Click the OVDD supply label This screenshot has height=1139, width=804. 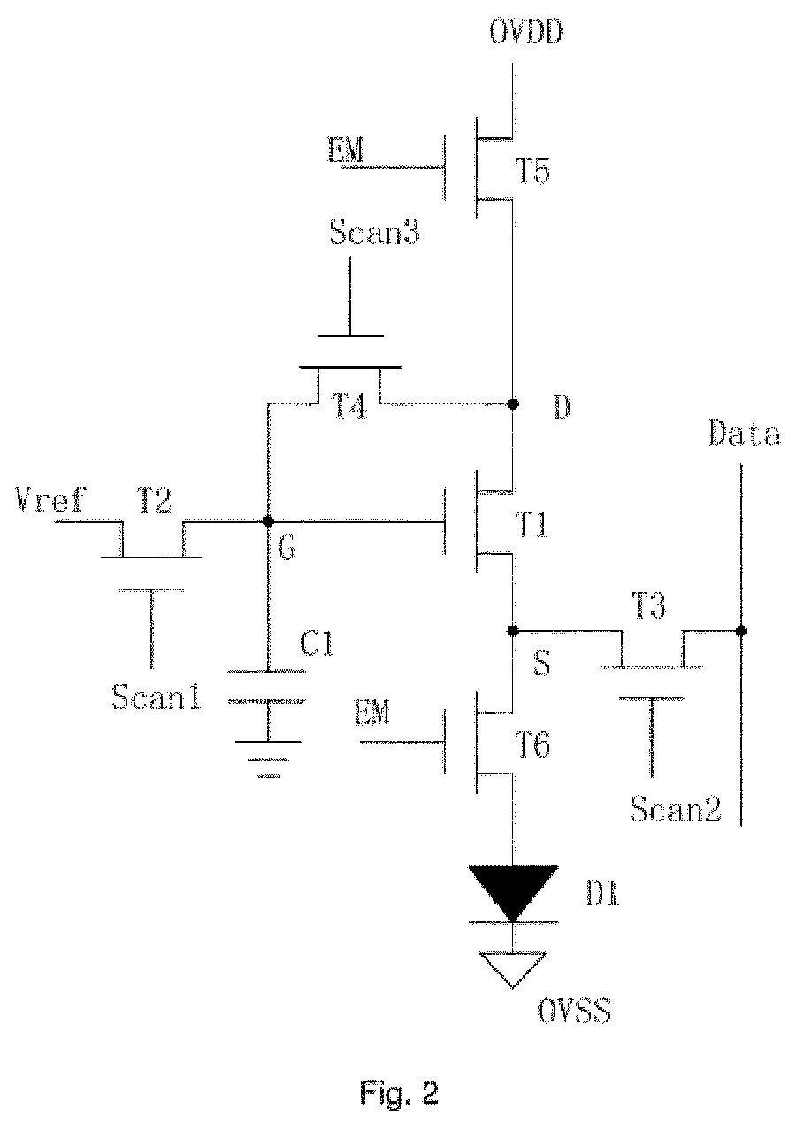tap(526, 32)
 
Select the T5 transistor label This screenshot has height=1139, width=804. tap(532, 171)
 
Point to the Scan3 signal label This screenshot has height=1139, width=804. tap(374, 233)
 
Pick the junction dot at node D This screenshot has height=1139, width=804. tap(513, 404)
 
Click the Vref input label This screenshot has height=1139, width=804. tap(50, 499)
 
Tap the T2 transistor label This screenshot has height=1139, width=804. tap(154, 500)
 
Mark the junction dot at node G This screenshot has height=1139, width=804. tap(268, 521)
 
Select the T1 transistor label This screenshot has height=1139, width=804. tap(532, 525)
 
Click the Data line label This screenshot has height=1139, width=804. tap(745, 434)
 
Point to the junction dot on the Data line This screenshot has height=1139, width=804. tap(741, 631)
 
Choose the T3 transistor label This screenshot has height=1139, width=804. tap(648, 605)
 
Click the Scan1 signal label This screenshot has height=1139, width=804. tap(157, 696)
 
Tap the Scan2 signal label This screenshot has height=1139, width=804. tap(676, 809)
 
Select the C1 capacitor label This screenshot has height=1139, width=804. tap(317, 643)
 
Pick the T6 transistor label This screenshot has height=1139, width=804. tap(532, 746)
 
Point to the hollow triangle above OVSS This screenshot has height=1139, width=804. tap(513, 970)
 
